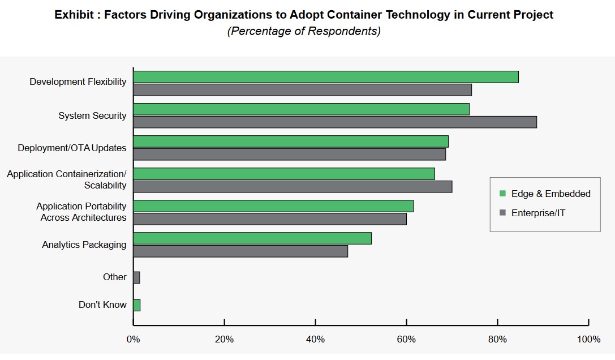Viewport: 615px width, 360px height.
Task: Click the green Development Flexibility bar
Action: click(x=325, y=77)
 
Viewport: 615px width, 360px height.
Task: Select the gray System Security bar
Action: click(x=334, y=122)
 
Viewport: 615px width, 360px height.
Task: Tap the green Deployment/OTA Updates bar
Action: click(x=290, y=142)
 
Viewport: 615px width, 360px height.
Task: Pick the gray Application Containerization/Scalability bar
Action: click(x=292, y=186)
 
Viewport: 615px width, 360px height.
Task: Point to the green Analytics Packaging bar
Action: click(x=252, y=238)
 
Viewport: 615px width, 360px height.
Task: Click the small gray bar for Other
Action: click(x=136, y=277)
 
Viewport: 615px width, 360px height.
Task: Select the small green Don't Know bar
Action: click(x=136, y=305)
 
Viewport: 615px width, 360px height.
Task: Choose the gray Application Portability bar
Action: click(x=269, y=218)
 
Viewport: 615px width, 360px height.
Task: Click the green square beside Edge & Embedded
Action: click(x=502, y=194)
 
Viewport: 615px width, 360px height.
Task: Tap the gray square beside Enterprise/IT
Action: click(x=502, y=213)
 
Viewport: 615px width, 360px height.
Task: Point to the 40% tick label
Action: click(x=315, y=340)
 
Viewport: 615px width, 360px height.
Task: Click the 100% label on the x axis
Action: click(x=588, y=340)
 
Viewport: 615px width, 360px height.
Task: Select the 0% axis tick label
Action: click(x=133, y=340)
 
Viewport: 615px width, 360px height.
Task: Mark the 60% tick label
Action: click(x=406, y=340)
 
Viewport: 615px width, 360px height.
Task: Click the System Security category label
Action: click(x=92, y=115)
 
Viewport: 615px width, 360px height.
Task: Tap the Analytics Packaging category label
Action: click(x=84, y=245)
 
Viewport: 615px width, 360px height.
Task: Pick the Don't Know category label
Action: click(x=102, y=305)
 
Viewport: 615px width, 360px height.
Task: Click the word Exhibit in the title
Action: click(x=74, y=15)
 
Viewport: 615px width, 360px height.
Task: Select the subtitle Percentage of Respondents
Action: click(x=304, y=31)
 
